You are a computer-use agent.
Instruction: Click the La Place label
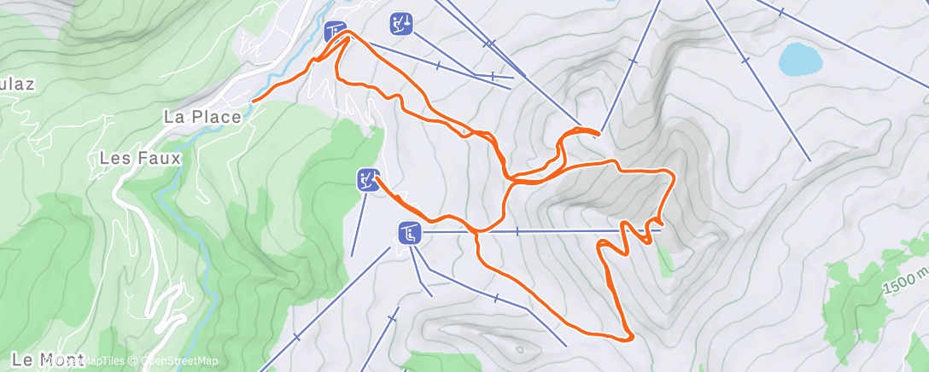pos(202,117)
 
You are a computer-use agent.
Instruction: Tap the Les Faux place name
pos(140,158)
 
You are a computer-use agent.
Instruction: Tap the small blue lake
pos(800,60)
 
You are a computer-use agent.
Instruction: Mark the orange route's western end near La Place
pos(253,101)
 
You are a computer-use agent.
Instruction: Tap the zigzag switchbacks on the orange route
pos(628,235)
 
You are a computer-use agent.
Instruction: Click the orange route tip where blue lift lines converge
pos(599,132)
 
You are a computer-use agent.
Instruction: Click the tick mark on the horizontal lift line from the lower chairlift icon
pos(517,231)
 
